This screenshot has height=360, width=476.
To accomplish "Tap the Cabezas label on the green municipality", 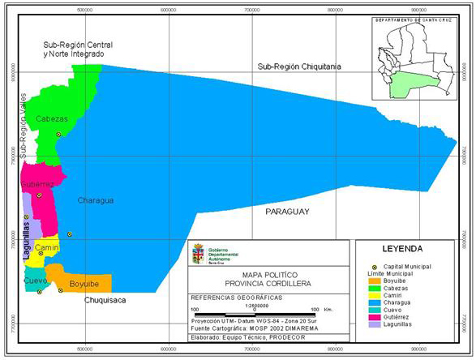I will click(x=50, y=118).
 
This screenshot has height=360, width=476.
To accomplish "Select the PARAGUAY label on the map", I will click(x=288, y=211).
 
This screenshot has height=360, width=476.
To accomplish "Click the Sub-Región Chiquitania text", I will click(x=299, y=66).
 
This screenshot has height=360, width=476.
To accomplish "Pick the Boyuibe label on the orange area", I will click(x=84, y=285).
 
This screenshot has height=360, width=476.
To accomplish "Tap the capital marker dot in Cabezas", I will click(x=58, y=135).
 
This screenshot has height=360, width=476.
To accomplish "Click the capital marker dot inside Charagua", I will click(x=70, y=234).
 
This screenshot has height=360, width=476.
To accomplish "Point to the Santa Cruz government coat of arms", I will click(x=197, y=255).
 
